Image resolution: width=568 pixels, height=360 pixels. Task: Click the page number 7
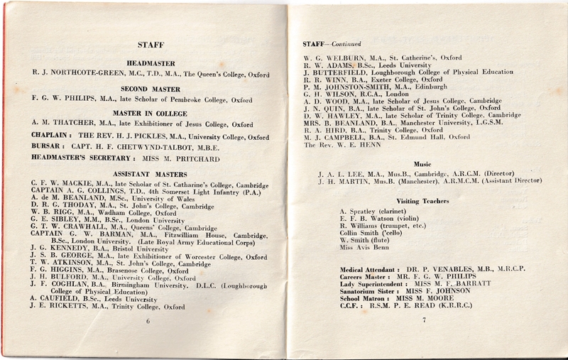[x=423, y=321]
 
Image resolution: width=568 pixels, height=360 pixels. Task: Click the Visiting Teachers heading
[x=424, y=201]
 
